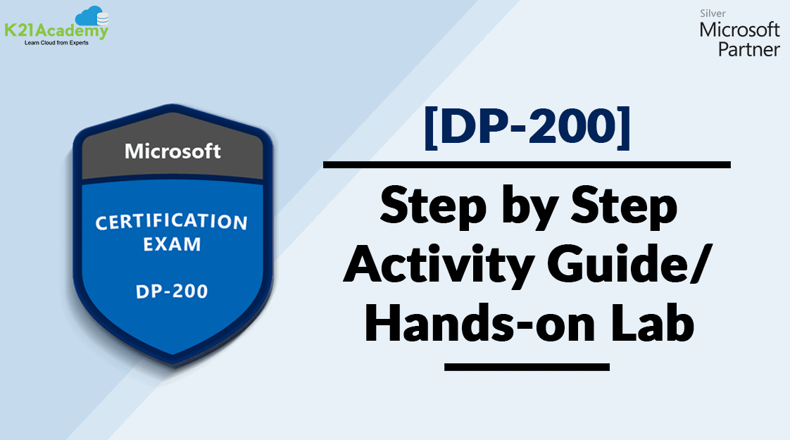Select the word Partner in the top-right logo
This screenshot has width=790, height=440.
(748, 49)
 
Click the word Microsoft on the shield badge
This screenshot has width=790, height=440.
(173, 151)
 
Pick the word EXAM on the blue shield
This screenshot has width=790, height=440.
(172, 246)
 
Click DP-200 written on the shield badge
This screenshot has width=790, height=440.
(172, 290)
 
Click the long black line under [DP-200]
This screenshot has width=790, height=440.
(527, 165)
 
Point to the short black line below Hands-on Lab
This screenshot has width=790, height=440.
(527, 367)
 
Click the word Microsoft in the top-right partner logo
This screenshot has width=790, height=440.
(739, 30)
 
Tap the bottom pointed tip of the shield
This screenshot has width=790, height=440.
(173, 366)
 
